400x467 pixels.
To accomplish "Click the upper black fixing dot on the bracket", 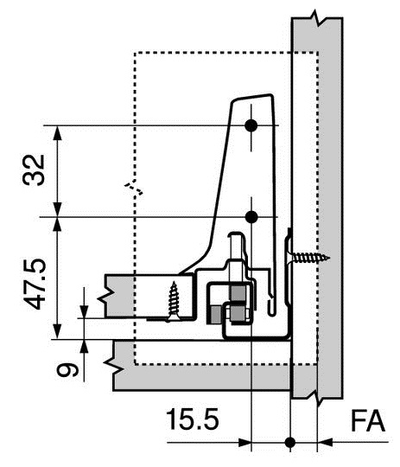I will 251,125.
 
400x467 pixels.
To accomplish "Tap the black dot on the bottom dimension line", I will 290,443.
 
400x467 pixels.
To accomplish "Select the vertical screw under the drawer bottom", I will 176,298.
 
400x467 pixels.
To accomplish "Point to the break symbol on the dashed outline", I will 131,187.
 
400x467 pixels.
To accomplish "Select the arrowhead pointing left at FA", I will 325,443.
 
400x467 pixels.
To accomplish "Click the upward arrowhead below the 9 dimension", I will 84,346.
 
